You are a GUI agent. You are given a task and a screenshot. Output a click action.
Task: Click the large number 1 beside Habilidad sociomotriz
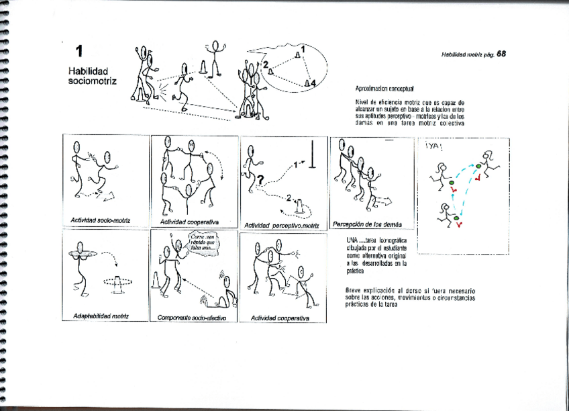point(80,52)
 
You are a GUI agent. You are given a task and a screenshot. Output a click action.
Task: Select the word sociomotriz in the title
point(93,81)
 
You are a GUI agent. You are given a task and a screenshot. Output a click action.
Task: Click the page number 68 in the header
point(501,54)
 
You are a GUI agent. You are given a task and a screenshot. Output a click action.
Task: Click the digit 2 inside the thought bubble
point(266,64)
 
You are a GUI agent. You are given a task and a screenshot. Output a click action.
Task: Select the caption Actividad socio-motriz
point(100,220)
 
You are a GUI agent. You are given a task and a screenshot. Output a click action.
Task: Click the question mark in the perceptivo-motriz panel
point(257,179)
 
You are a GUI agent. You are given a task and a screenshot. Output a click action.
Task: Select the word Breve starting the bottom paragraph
point(355,289)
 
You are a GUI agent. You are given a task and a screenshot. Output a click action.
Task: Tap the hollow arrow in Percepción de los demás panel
point(384,200)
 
